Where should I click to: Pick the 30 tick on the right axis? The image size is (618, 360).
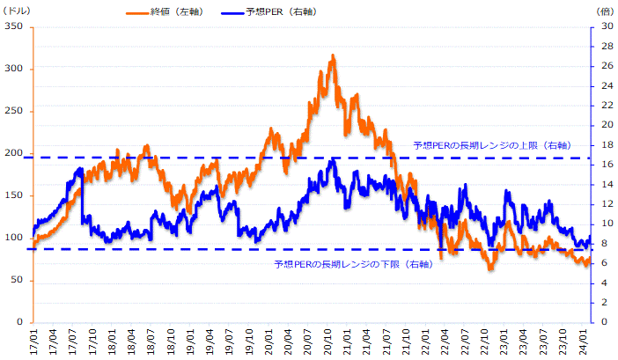pos(607,26)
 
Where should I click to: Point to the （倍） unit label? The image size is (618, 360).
pos(604,10)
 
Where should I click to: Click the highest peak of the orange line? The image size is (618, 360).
pos(333,55)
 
